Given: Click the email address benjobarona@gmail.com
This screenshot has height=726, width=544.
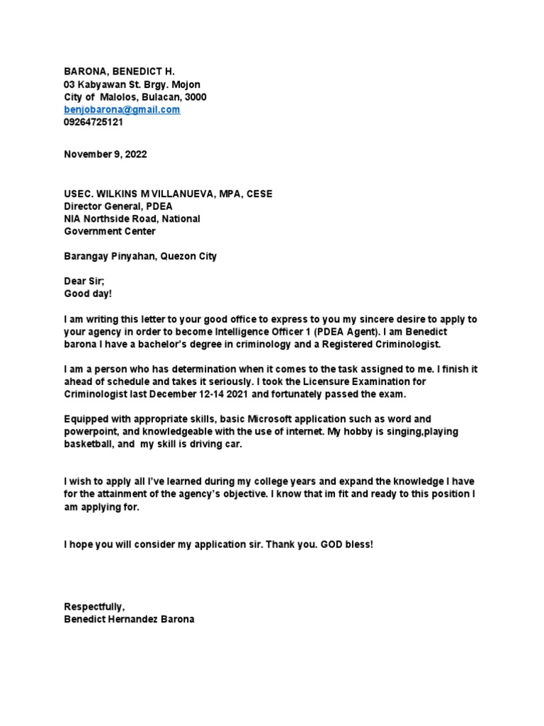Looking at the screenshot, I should [x=122, y=110].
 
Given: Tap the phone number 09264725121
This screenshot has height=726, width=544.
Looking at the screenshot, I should [x=93, y=122].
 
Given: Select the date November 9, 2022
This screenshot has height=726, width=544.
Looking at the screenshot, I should [x=106, y=155].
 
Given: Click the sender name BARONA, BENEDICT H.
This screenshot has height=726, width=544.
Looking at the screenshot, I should [x=119, y=72].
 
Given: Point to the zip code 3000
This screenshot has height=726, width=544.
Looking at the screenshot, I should [x=195, y=97].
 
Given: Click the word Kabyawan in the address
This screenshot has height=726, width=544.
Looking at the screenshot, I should [x=101, y=84].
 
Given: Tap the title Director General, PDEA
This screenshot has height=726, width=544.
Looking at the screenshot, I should [x=118, y=206].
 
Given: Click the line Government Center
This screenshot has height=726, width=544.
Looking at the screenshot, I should [x=110, y=231].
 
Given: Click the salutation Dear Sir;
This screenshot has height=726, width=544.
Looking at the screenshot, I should [x=84, y=281].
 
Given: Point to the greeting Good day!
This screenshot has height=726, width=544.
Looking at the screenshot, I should [x=88, y=294].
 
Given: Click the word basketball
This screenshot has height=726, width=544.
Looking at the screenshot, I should [x=89, y=444].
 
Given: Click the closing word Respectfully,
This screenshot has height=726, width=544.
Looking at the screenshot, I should [x=94, y=606].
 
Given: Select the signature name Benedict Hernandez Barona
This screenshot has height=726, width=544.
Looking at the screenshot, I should [x=129, y=619].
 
